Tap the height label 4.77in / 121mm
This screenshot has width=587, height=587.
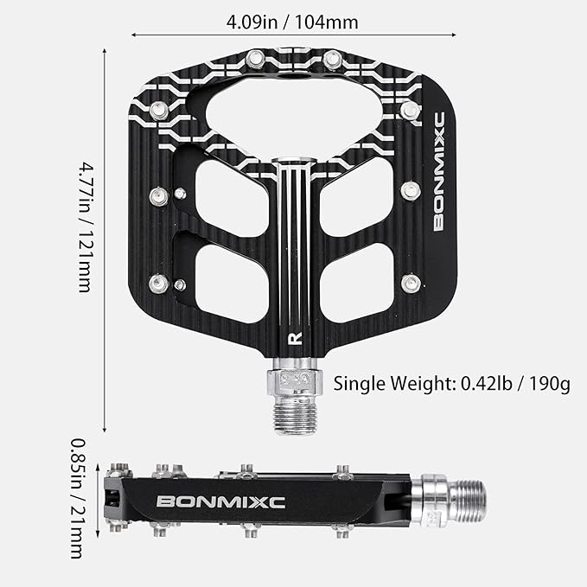(84, 225)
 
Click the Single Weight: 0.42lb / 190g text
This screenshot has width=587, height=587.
(451, 383)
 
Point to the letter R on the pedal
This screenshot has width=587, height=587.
(294, 338)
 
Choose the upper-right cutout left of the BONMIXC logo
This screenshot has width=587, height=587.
(358, 197)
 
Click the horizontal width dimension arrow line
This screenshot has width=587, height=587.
(294, 35)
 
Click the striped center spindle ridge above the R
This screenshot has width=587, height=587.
(294, 251)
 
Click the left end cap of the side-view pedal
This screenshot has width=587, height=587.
(115, 499)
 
